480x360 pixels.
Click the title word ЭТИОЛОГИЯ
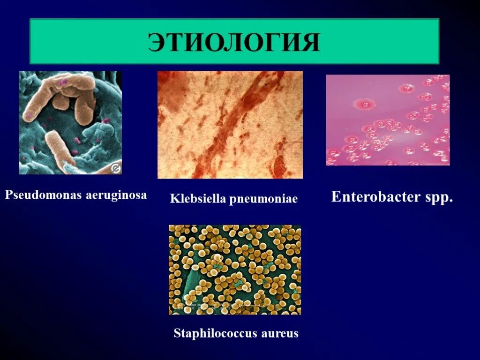pyautogui.click(x=234, y=42)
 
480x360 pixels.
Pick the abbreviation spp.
pyautogui.click(x=440, y=197)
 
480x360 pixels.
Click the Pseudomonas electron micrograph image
pyautogui.click(x=70, y=122)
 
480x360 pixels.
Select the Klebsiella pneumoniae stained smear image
pyautogui.click(x=230, y=125)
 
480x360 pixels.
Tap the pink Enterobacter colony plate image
pyautogui.click(x=388, y=120)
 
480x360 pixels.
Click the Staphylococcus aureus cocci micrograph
pyautogui.click(x=235, y=270)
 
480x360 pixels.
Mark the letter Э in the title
pyautogui.click(x=158, y=42)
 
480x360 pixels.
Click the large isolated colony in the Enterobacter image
pyautogui.click(x=362, y=104)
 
